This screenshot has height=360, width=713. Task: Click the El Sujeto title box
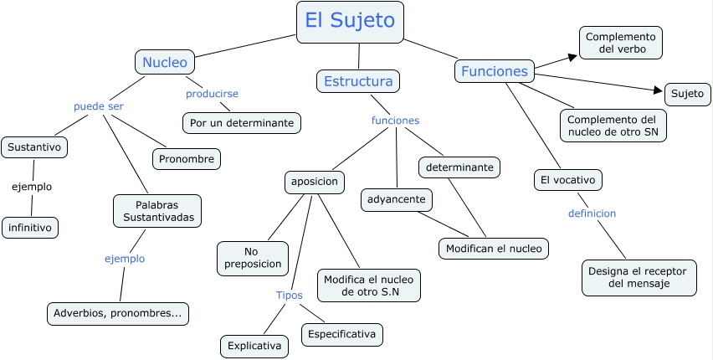pyautogui.click(x=350, y=22)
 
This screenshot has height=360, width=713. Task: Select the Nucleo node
pyautogui.click(x=165, y=62)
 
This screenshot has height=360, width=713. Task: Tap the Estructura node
pyautogui.click(x=358, y=81)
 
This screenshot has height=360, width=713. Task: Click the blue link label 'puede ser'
pyautogui.click(x=98, y=106)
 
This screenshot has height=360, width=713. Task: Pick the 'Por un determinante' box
pyautogui.click(x=242, y=123)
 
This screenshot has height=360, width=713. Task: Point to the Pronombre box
pyautogui.click(x=187, y=159)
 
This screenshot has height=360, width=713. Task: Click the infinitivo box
pyautogui.click(x=30, y=228)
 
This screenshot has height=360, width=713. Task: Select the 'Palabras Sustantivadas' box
pyautogui.click(x=157, y=211)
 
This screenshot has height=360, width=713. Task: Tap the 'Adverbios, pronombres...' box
pyautogui.click(x=118, y=314)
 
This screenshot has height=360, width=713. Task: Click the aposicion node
pyautogui.click(x=315, y=181)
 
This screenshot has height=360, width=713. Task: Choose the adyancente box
pyautogui.click(x=397, y=199)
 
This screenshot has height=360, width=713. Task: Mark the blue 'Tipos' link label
pyautogui.click(x=290, y=295)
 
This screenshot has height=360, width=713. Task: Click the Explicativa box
pyautogui.click(x=254, y=346)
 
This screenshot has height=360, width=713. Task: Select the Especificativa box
pyautogui.click(x=342, y=335)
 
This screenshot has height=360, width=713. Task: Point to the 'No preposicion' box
pyautogui.click(x=253, y=258)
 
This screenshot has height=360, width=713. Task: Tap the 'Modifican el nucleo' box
pyautogui.click(x=494, y=249)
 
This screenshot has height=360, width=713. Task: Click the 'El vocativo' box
pyautogui.click(x=568, y=180)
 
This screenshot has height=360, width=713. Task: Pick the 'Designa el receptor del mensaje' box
pyautogui.click(x=639, y=278)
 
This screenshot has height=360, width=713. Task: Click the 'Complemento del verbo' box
pyautogui.click(x=621, y=43)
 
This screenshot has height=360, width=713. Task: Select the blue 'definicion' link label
pyautogui.click(x=592, y=213)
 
